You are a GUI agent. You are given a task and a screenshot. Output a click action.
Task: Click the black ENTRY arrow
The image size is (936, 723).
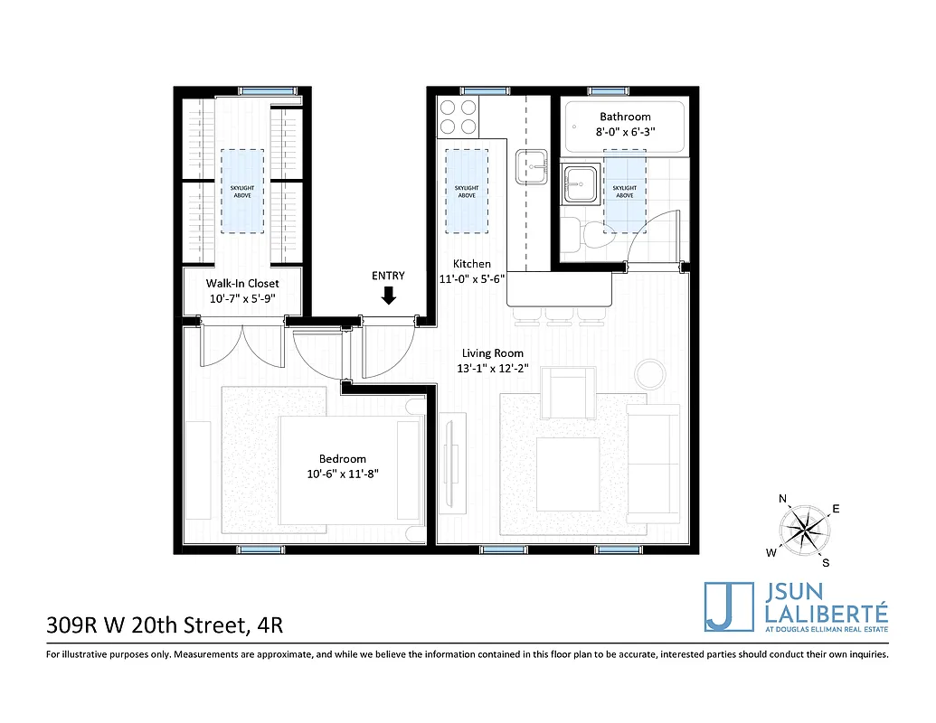(x=389, y=296)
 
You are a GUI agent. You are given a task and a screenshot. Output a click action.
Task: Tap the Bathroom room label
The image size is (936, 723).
(x=625, y=117)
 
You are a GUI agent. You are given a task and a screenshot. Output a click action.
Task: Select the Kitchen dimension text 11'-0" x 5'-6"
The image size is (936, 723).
(x=471, y=279)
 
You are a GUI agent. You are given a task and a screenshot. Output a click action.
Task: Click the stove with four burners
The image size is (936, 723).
(x=458, y=116)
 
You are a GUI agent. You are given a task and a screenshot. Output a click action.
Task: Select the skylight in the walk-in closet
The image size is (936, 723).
(x=241, y=189)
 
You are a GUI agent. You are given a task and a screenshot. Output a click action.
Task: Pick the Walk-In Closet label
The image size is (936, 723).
(x=242, y=284)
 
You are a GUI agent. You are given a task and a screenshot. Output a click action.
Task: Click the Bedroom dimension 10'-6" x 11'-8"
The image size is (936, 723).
(x=342, y=474)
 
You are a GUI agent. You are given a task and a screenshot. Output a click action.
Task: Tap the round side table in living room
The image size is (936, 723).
(x=649, y=373)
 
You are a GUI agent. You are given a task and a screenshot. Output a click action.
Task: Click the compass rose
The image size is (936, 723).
(x=803, y=527)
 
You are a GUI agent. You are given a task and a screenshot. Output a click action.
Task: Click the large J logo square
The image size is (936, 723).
(x=729, y=606)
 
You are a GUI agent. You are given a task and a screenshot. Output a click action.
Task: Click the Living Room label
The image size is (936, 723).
(x=493, y=353)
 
